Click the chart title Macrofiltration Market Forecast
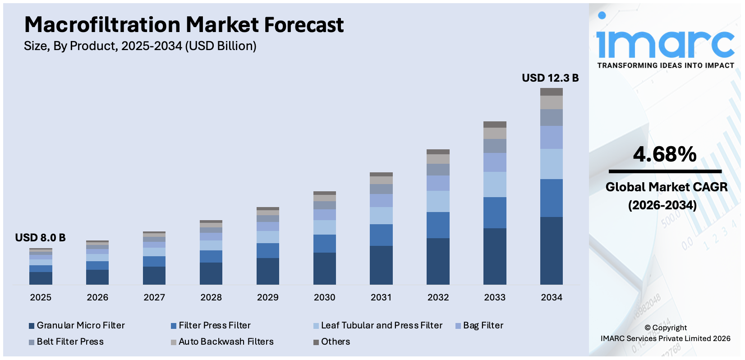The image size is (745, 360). point(184,25)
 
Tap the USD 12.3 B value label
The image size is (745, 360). point(550,78)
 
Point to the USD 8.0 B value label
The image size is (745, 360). point(40,238)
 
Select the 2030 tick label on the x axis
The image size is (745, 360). point(324,297)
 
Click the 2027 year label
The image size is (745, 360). point(154,297)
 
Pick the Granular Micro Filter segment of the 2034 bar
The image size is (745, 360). point(551,250)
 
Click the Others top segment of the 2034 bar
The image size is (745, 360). point(551,92)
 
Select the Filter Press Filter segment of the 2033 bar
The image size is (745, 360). point(495,212)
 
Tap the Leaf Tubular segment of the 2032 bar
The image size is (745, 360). point(438,201)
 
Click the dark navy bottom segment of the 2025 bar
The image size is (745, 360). point(41,278)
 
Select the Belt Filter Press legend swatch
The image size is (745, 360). point(32,342)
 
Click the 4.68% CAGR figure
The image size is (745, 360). point(664,154)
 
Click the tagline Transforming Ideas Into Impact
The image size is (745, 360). point(666,65)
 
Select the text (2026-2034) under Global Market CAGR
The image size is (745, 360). point(662,205)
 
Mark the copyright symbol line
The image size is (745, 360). point(665,328)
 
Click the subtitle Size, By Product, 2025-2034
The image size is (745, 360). point(140,46)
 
